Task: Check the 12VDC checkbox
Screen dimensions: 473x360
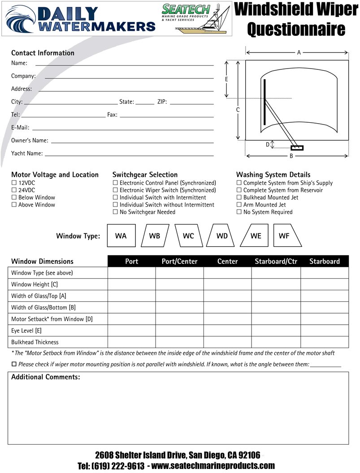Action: (x=14, y=183)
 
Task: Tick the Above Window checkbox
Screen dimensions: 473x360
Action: (x=14, y=205)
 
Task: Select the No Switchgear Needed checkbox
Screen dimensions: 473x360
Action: (x=115, y=212)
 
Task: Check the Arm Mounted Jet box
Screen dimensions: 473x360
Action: (x=239, y=205)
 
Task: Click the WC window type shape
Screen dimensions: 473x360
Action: (x=188, y=236)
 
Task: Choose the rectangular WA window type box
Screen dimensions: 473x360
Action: (x=121, y=236)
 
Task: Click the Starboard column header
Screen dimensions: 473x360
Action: (x=324, y=261)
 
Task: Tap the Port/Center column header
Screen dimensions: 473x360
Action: (x=179, y=261)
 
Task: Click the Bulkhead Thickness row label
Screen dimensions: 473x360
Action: (x=35, y=342)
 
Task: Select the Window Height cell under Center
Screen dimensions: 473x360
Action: (x=227, y=284)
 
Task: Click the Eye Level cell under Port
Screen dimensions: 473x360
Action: (x=131, y=331)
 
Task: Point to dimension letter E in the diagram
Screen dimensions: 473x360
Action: (x=227, y=79)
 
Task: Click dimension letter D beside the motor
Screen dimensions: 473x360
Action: (x=268, y=144)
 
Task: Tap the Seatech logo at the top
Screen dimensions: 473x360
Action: (x=195, y=18)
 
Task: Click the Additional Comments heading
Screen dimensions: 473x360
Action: (x=45, y=377)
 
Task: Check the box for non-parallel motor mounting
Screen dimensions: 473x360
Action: (x=14, y=364)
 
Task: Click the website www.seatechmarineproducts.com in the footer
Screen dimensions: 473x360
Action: (x=213, y=466)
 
